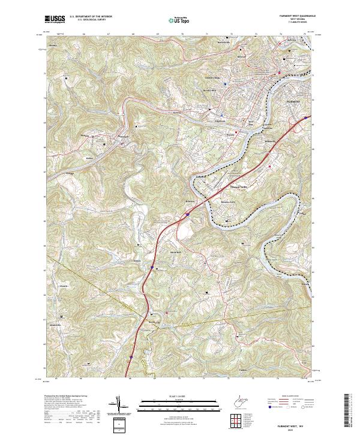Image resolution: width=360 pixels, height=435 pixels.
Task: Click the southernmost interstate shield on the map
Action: (130, 356)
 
